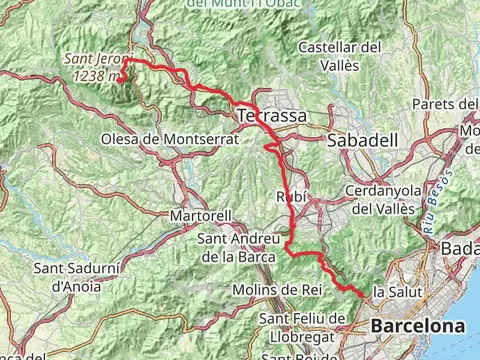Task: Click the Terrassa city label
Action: click(273, 117)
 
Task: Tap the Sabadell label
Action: click(357, 140)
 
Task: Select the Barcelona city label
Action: click(417, 326)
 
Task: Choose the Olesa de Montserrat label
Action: click(169, 139)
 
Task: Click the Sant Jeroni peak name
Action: click(95, 59)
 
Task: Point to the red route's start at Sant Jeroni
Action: click(126, 62)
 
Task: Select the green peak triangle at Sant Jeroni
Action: click(128, 70)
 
